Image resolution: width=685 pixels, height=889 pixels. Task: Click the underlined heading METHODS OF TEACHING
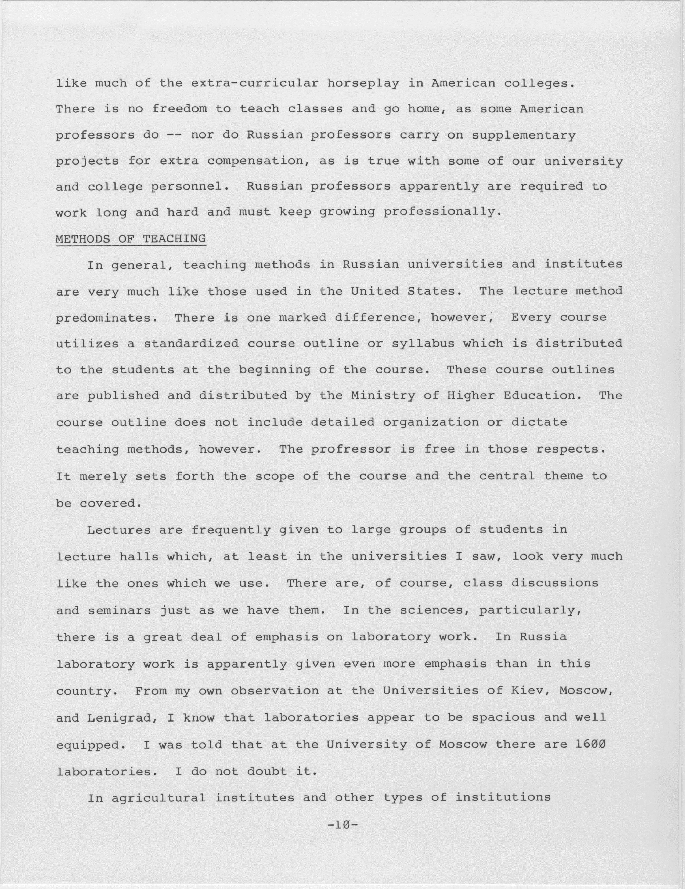click(131, 239)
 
